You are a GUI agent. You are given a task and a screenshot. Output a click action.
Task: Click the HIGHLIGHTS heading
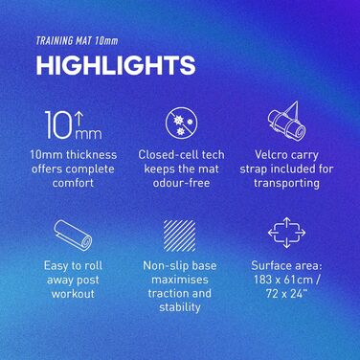click(116, 65)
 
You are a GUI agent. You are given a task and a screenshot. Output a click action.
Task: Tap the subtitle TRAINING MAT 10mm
click(77, 41)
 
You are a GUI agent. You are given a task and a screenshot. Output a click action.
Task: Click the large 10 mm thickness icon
click(73, 124)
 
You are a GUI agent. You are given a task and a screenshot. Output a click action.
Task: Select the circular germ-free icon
click(181, 124)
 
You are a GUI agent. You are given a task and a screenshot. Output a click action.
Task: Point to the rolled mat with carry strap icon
click(286, 122)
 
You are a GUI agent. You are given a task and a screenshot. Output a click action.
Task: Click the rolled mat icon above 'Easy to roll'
click(73, 236)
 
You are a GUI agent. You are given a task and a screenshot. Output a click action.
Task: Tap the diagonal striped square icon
click(180, 236)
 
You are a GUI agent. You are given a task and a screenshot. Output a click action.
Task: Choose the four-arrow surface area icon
click(286, 233)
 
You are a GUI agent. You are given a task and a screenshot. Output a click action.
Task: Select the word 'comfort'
click(73, 183)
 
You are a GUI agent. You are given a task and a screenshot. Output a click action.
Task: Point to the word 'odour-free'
click(181, 183)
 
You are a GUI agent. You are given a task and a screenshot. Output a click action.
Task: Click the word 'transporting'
click(286, 183)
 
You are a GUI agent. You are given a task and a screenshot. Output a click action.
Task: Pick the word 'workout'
click(73, 294)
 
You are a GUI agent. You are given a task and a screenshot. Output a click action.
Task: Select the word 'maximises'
click(180, 280)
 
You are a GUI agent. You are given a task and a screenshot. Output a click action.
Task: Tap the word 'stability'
click(180, 307)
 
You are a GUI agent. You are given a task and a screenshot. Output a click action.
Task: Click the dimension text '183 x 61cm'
click(283, 280)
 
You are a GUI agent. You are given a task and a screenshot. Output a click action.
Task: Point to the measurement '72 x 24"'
click(286, 294)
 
